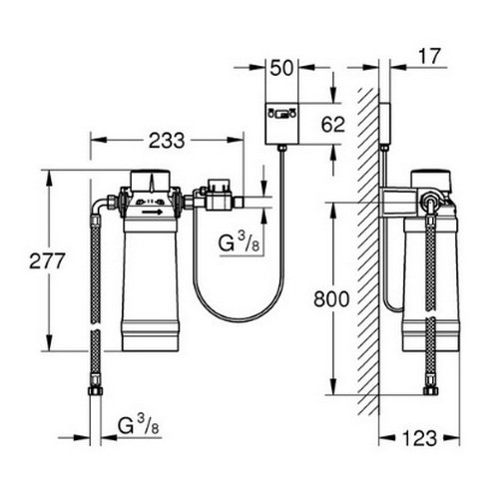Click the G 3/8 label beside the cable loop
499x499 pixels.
point(241,243)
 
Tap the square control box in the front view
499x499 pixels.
point(281,125)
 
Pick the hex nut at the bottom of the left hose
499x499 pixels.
point(95,386)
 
